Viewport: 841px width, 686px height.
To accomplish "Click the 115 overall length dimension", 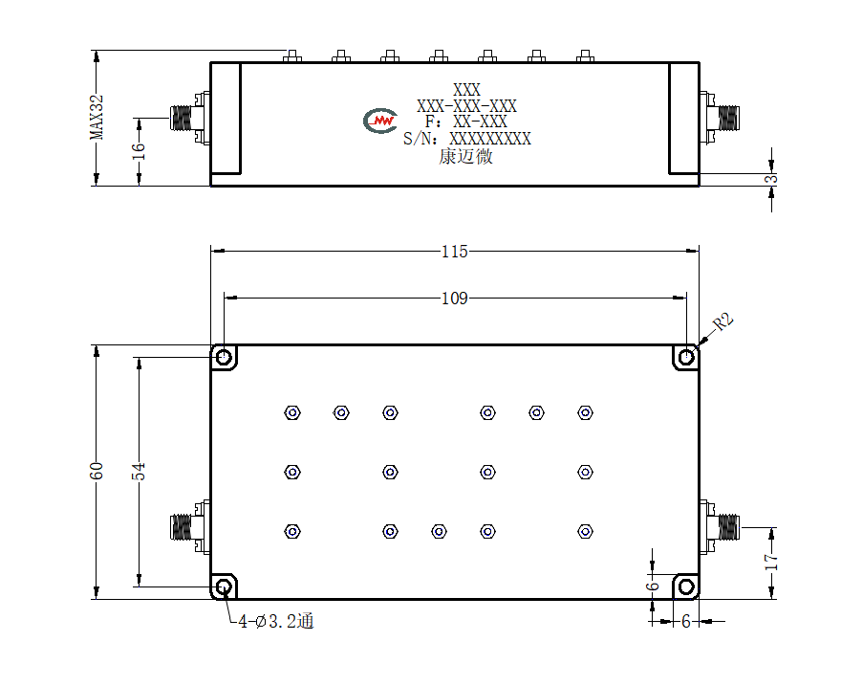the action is click(x=454, y=252).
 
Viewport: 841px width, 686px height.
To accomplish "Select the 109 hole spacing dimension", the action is click(x=454, y=298).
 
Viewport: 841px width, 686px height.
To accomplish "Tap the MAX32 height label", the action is click(x=97, y=117).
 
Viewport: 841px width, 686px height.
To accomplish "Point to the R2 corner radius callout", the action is click(x=723, y=322).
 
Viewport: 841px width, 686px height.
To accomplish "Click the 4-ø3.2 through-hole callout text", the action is click(x=276, y=622).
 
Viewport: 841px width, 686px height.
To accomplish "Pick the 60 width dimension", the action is click(x=97, y=471).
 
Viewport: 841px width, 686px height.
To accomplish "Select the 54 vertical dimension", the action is click(x=139, y=471).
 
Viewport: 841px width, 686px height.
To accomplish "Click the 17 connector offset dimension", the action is click(x=771, y=562).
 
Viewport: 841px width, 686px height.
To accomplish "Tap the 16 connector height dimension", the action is click(x=139, y=151).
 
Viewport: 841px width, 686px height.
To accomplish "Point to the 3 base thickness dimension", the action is click(x=771, y=179).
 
